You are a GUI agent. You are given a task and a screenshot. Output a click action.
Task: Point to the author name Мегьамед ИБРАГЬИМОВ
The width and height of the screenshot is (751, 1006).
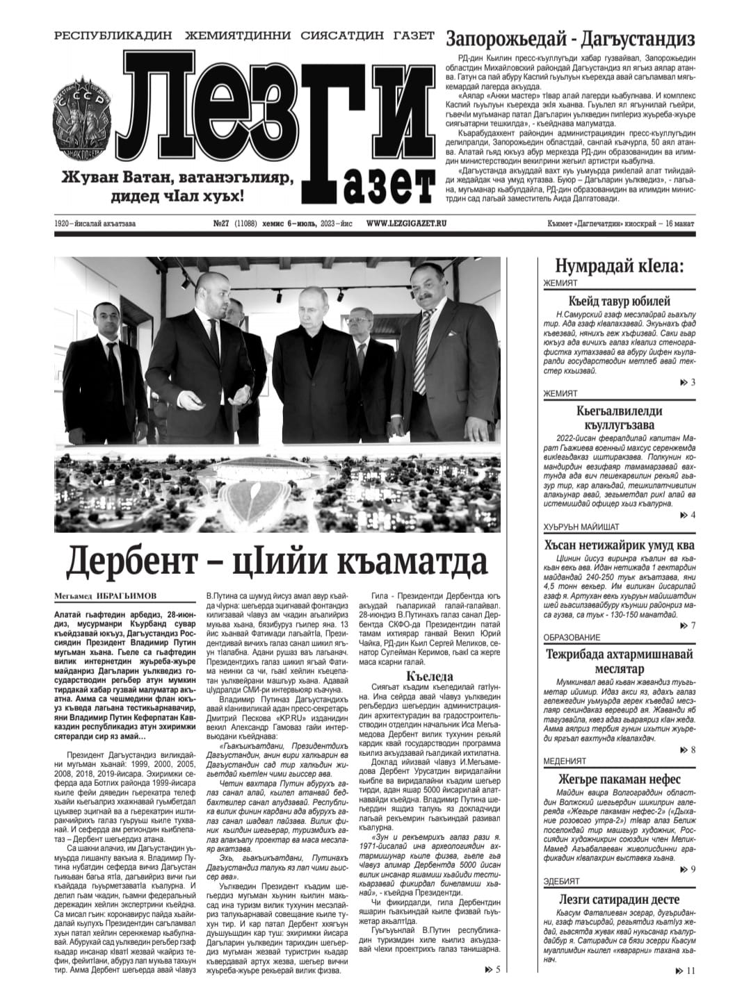click(105, 596)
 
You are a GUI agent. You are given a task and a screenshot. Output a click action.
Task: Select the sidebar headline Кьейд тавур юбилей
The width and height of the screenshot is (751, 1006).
click(619, 301)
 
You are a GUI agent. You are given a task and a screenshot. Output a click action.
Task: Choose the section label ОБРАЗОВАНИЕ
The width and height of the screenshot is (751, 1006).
click(571, 638)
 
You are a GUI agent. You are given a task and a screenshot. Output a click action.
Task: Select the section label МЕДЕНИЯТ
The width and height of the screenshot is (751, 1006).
click(565, 761)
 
